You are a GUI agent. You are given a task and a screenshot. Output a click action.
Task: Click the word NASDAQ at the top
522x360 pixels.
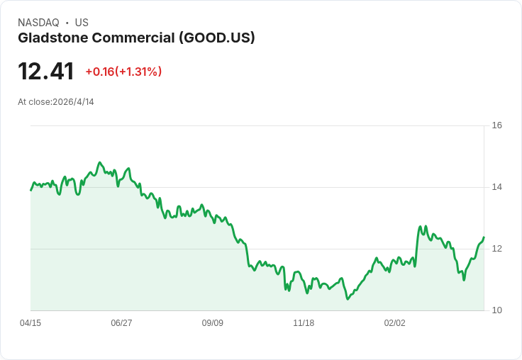point(38,23)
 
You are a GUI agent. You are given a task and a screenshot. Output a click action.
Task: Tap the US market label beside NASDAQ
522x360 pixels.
point(82,23)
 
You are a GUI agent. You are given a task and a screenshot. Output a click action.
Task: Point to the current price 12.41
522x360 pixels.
point(46,72)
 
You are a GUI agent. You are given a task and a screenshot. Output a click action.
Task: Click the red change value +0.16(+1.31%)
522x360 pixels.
point(123,72)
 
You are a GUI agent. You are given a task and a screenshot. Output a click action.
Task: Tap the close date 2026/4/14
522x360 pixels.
point(73,102)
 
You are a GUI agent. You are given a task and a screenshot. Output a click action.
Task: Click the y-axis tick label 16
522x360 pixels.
point(496,125)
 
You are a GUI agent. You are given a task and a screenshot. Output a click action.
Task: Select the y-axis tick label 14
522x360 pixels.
point(496,187)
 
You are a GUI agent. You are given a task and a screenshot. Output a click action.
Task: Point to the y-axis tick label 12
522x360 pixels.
point(496,249)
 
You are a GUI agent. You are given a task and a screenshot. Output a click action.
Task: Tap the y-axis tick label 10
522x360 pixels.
point(496,310)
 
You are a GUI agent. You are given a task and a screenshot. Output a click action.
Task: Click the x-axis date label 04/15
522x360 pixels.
point(30,323)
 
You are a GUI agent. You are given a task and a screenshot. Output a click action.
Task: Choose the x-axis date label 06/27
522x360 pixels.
point(121,323)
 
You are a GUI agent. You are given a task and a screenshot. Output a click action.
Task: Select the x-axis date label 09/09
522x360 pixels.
point(213,323)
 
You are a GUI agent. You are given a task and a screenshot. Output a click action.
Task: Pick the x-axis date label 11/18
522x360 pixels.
point(304,323)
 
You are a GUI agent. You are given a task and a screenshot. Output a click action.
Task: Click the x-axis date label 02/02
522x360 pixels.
point(394,323)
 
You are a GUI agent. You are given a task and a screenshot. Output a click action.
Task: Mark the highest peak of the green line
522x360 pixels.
point(100,162)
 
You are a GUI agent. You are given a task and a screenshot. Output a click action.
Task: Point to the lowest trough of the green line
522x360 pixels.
point(348,299)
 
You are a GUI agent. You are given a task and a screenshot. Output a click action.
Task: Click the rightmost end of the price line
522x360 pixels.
point(484,237)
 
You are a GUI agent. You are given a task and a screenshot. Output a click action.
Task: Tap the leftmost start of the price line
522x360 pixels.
point(30,190)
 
